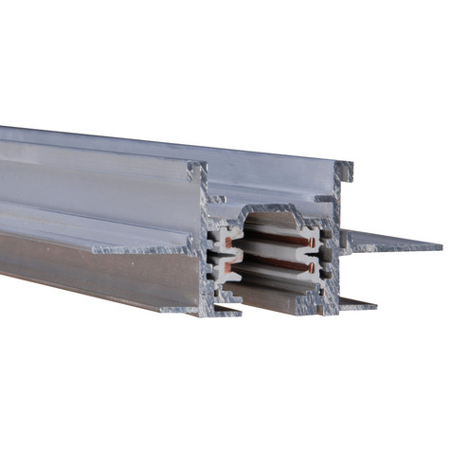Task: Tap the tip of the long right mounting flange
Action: (x=438, y=247)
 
